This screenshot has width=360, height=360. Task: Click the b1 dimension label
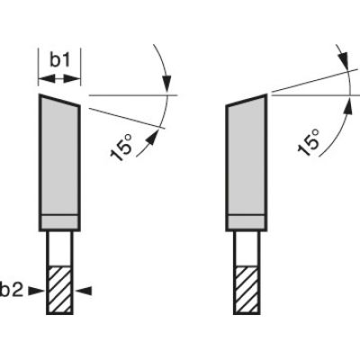click(x=59, y=60)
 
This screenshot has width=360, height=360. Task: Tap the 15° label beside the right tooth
click(x=309, y=141)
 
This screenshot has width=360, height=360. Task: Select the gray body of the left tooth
click(x=58, y=157)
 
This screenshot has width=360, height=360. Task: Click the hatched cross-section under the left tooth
click(x=58, y=289)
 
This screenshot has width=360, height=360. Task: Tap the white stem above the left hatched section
click(x=58, y=249)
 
